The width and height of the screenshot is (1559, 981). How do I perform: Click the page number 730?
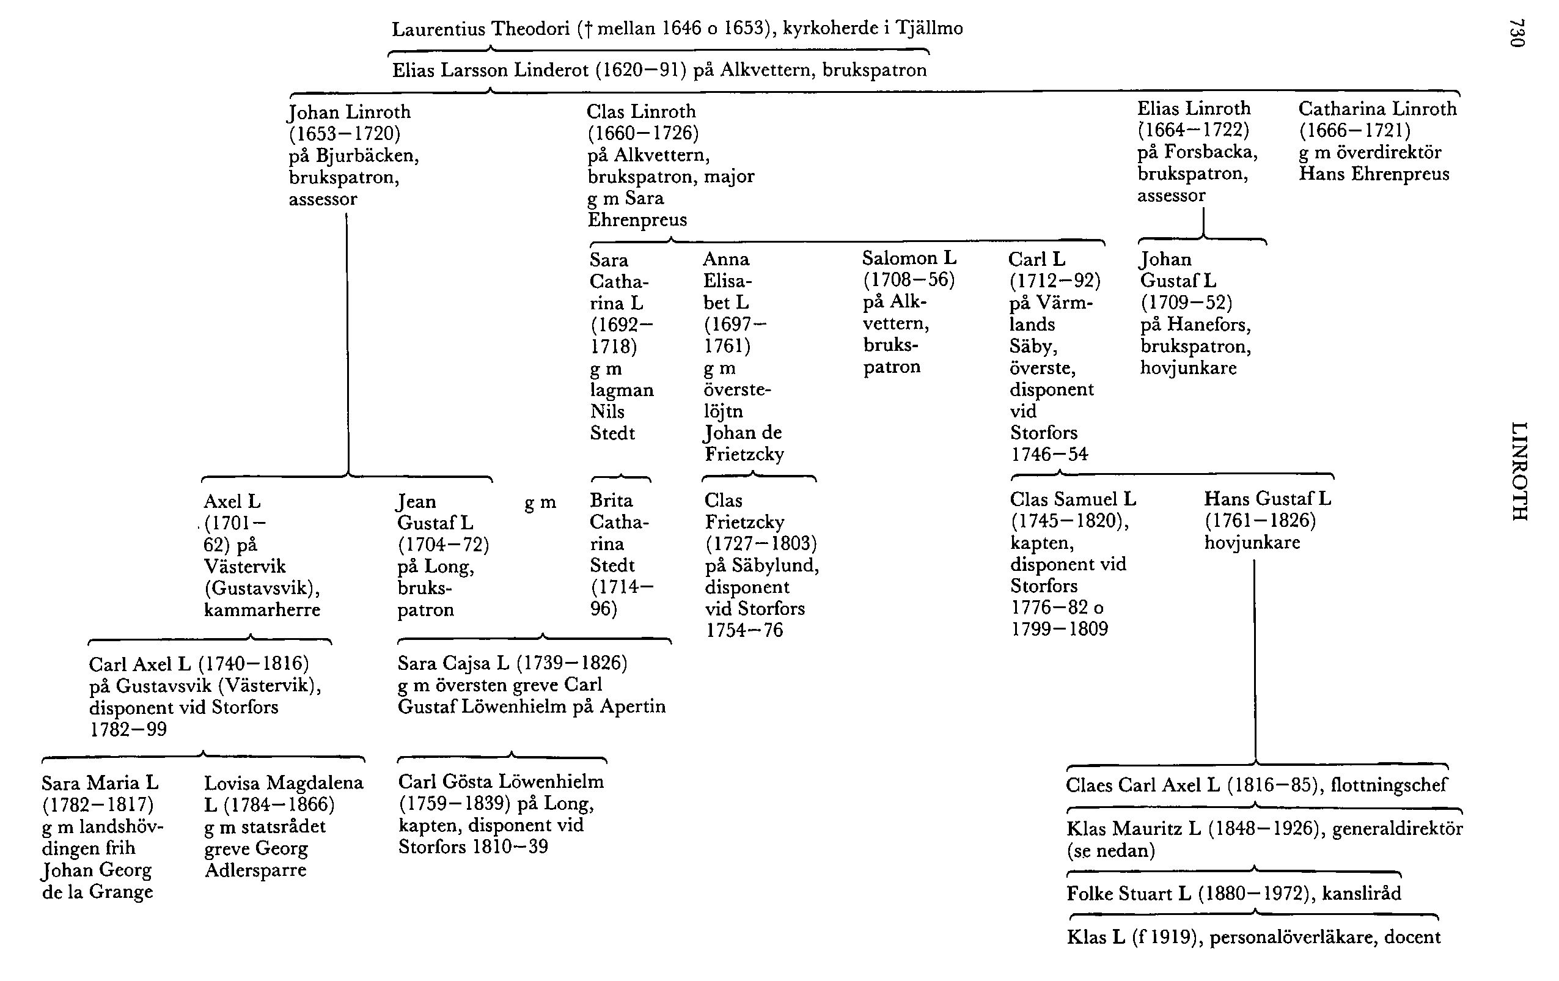[x=1517, y=33]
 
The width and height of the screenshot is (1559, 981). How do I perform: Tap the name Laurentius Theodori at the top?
[x=480, y=29]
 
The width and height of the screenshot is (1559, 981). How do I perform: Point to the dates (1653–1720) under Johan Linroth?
[x=345, y=133]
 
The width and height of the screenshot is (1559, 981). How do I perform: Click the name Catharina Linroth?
[x=1377, y=109]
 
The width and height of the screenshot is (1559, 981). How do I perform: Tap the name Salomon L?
[x=909, y=259]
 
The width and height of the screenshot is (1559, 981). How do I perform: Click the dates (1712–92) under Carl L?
[x=1055, y=281]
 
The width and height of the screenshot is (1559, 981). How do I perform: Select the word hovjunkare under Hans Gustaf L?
[x=1252, y=543]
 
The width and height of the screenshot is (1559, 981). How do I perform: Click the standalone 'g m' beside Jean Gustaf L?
[x=540, y=502]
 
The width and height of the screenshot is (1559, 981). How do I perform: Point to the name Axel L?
[x=232, y=501]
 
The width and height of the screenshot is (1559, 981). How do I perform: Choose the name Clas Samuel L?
[x=1073, y=499]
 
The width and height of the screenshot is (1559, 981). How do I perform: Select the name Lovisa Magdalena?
[x=284, y=783]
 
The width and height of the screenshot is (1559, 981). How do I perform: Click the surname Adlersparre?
[x=255, y=870]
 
